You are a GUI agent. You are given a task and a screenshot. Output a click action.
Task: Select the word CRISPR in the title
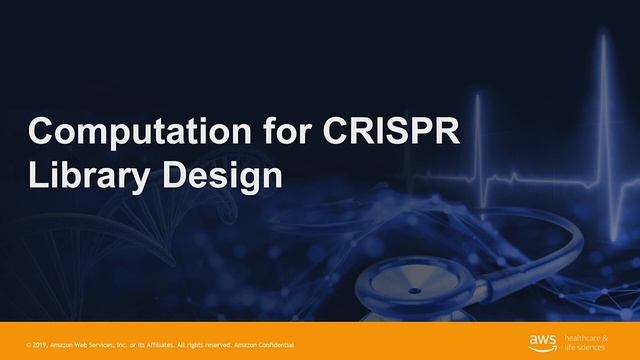[x=385, y=132]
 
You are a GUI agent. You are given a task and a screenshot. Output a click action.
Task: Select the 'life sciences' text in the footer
[x=587, y=346]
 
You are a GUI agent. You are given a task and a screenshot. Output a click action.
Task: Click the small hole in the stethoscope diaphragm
[x=412, y=291]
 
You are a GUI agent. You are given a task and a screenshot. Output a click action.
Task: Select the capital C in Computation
[x=41, y=132]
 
